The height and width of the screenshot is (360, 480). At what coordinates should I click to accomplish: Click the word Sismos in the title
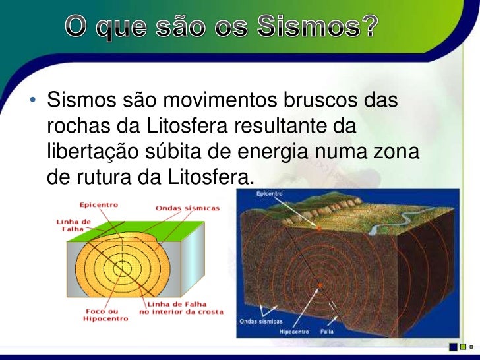pos(303,28)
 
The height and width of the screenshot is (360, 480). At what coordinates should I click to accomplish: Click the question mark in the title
pos(369,28)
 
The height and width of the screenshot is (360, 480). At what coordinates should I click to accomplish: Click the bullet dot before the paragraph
pos(31,103)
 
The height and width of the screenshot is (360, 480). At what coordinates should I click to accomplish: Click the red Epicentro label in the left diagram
pos(98,204)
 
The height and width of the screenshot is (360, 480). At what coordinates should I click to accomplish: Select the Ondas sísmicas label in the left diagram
pos(187,208)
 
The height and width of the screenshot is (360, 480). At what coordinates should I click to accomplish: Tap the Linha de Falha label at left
pos(64,225)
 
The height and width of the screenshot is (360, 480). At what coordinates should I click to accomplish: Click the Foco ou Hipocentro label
pos(100,315)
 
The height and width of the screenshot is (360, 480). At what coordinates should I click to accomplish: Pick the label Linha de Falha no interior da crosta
pos(181,307)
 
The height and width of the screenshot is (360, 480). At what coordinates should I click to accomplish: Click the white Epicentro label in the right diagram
pos(270,194)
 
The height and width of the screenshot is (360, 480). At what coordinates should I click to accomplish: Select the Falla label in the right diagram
pos(328,332)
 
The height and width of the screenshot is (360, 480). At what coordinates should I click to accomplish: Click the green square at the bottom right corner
pos(463,345)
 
